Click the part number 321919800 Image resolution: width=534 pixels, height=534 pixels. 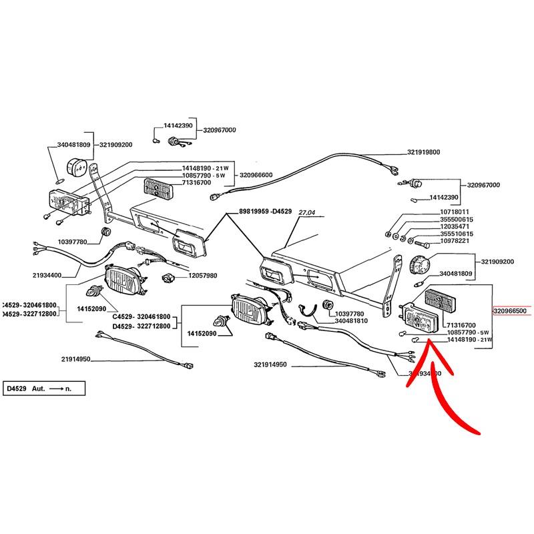(424, 152)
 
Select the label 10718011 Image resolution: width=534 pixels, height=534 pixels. (455, 212)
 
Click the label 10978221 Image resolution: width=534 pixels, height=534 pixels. (455, 242)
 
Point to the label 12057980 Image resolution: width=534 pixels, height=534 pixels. (202, 276)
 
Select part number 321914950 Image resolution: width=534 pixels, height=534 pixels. (270, 364)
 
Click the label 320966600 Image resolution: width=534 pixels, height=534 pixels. (256, 175)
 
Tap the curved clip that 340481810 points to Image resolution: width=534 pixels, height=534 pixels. (307, 310)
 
